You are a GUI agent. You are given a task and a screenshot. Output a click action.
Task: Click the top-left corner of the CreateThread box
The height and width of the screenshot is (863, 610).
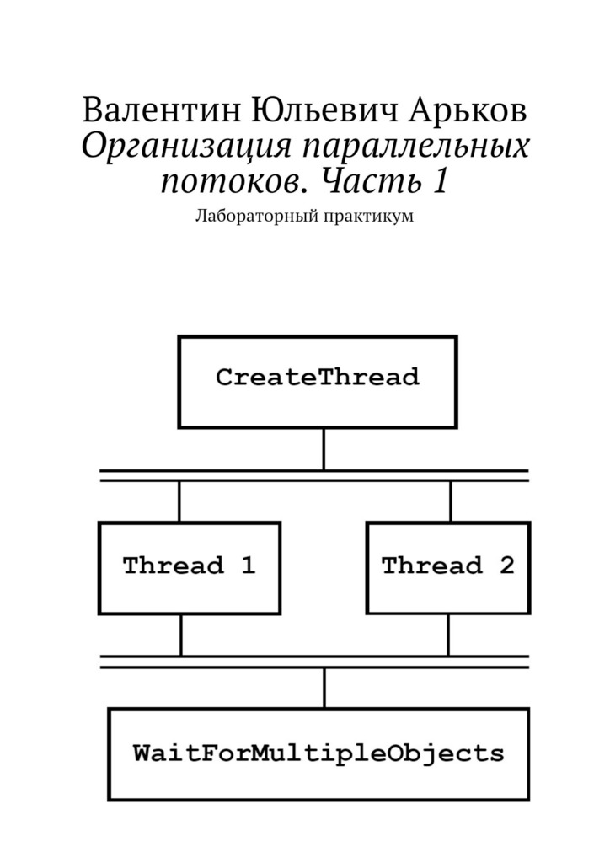(x=179, y=337)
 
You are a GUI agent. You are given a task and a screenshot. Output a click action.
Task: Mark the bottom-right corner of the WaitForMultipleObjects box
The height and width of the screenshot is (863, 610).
(x=528, y=799)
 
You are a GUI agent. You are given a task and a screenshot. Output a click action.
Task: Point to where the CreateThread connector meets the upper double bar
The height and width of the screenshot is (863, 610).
(x=324, y=470)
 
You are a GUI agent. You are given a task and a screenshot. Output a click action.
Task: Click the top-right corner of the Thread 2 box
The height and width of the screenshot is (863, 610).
(x=529, y=523)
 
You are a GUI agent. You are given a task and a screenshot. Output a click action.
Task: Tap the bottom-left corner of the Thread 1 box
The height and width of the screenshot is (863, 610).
(x=99, y=613)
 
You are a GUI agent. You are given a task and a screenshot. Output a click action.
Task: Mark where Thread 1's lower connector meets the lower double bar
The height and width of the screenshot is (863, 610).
(x=180, y=656)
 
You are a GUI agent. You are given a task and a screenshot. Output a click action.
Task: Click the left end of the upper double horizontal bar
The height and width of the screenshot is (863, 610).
(x=100, y=475)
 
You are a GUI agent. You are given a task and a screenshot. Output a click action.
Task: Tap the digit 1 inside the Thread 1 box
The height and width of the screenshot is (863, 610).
(x=248, y=566)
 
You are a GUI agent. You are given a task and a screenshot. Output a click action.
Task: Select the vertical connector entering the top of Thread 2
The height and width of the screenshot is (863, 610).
(x=451, y=501)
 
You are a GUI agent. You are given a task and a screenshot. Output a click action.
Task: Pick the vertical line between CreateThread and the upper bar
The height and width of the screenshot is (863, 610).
(x=324, y=449)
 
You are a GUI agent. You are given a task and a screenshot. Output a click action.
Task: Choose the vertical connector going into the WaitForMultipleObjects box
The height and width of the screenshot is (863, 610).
(x=324, y=688)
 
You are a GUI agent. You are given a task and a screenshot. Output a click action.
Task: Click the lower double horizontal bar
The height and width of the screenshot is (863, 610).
(x=314, y=662)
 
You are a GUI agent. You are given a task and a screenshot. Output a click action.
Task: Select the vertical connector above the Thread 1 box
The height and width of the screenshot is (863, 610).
(x=179, y=501)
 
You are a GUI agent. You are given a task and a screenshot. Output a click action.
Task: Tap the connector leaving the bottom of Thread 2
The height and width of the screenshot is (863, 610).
(x=448, y=635)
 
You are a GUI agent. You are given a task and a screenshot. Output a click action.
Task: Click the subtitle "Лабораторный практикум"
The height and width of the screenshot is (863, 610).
(x=305, y=217)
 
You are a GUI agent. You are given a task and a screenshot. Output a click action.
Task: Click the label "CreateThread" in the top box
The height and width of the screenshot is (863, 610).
(x=318, y=378)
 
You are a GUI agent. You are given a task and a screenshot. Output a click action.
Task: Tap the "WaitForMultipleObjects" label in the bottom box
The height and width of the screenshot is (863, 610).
(x=318, y=753)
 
